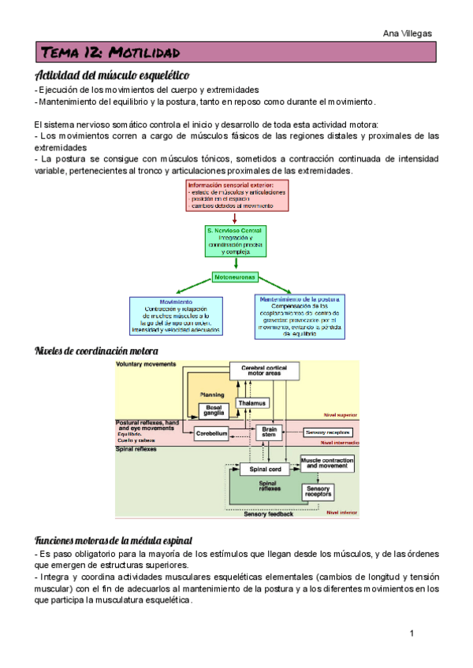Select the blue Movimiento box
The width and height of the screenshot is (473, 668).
pyautogui.click(x=176, y=315)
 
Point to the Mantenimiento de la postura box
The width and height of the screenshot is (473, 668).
pyautogui.click(x=299, y=317)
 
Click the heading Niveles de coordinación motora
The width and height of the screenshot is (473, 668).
pyautogui.click(x=97, y=351)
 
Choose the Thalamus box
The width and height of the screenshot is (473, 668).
pyautogui.click(x=251, y=403)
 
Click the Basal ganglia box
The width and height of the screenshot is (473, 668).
pyautogui.click(x=214, y=410)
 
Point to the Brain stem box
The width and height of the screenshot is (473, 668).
pyautogui.click(x=269, y=432)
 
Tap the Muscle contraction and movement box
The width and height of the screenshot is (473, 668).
pyautogui.click(x=327, y=462)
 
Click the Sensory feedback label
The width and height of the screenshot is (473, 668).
pyautogui.click(x=269, y=514)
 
